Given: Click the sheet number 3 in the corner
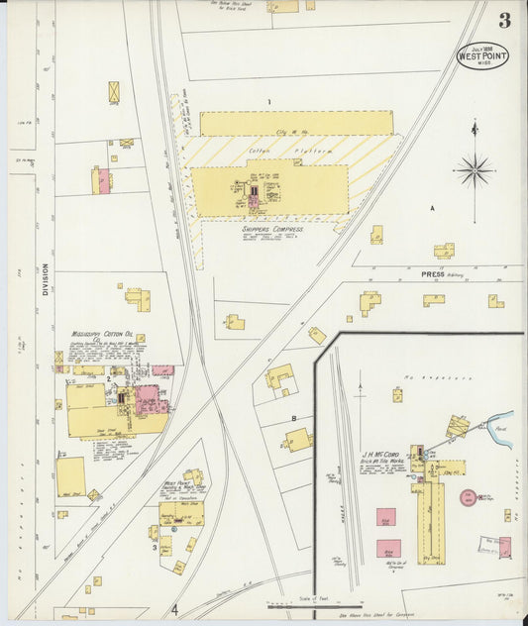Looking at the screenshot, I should [x=504, y=20].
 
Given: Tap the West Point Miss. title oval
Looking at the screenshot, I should [x=481, y=55].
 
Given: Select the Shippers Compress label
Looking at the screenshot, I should [x=272, y=228].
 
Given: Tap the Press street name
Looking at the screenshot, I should [x=432, y=274].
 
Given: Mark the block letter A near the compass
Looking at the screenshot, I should [x=432, y=209].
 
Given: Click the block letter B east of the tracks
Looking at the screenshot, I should [x=293, y=418].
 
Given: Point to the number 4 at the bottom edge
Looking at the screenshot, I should [x=174, y=610].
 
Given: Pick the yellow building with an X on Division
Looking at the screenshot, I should [x=114, y=91].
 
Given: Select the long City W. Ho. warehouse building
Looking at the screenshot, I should [x=296, y=123].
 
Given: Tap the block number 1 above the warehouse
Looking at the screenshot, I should [x=267, y=102].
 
